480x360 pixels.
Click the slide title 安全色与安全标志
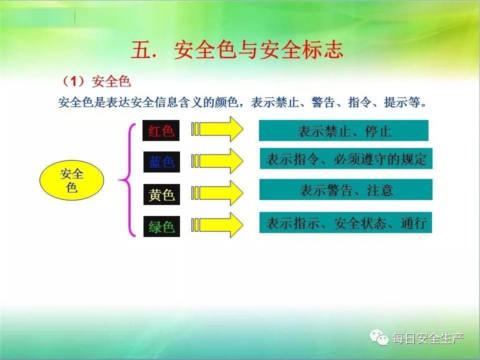pyautogui.click(x=258, y=50)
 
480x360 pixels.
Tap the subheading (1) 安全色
pyautogui.click(x=96, y=81)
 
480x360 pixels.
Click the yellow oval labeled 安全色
pyautogui.click(x=71, y=180)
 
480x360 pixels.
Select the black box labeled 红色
pyautogui.click(x=161, y=130)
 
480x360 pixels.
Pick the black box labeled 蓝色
pyautogui.click(x=161, y=162)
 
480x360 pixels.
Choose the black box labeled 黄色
pyautogui.click(x=161, y=194)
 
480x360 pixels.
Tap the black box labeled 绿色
pyautogui.click(x=161, y=226)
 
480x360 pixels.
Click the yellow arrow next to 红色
pyautogui.click(x=217, y=129)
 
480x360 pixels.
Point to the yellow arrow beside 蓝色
pyautogui.click(x=217, y=160)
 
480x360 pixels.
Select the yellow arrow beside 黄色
pyautogui.click(x=217, y=193)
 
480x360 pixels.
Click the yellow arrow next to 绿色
pyautogui.click(x=217, y=225)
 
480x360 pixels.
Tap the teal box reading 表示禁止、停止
pyautogui.click(x=343, y=130)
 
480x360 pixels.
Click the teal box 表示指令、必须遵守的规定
pyautogui.click(x=346, y=158)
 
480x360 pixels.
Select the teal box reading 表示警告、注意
pyautogui.click(x=346, y=190)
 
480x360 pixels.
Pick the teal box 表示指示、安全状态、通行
pyautogui.click(x=345, y=222)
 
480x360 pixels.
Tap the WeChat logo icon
pyautogui.click(x=378, y=338)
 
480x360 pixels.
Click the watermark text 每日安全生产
pyautogui.click(x=428, y=338)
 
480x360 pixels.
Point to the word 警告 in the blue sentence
pyautogui.click(x=322, y=102)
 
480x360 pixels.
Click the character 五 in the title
pyautogui.click(x=141, y=50)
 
